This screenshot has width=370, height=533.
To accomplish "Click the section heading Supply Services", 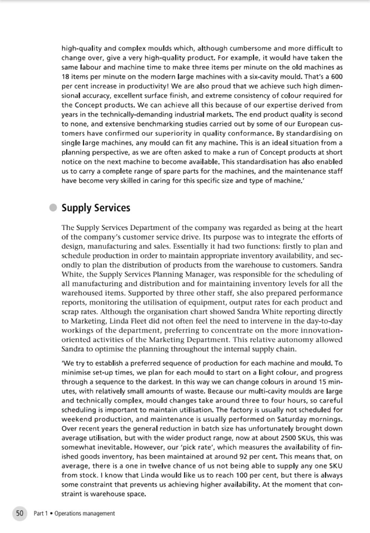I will click(x=95, y=208).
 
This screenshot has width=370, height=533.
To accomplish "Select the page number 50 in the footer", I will click(x=19, y=513).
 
